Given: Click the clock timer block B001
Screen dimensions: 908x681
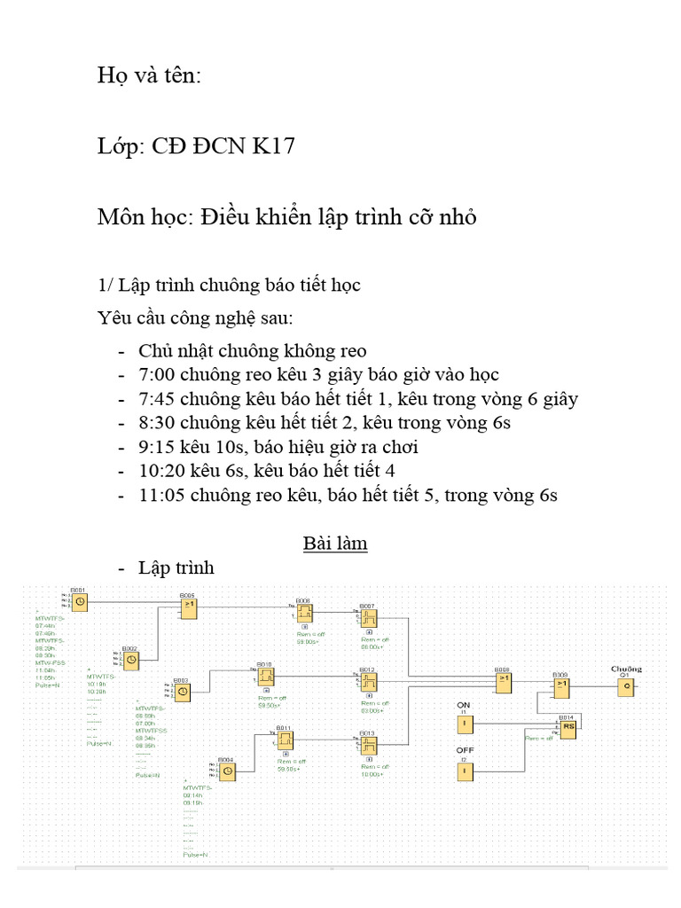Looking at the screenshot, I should (x=80, y=602).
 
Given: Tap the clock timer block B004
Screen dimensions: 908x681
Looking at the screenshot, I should (x=228, y=772).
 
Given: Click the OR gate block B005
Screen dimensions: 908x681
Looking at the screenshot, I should (x=189, y=607).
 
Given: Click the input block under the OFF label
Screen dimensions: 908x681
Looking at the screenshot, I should (x=463, y=772).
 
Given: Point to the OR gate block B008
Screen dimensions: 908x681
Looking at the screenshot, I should (x=503, y=681).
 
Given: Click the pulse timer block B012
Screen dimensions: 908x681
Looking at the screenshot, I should (x=369, y=682).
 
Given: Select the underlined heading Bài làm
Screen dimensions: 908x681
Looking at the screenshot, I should (x=335, y=544).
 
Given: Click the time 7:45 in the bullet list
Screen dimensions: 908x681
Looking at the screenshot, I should (x=156, y=399).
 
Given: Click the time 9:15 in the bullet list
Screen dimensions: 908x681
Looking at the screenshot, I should (x=156, y=447).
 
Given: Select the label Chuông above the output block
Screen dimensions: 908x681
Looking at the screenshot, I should (x=626, y=669).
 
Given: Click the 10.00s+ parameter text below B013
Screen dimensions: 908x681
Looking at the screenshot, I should (x=372, y=774).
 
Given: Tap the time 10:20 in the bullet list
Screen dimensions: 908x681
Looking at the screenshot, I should (x=160, y=471).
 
